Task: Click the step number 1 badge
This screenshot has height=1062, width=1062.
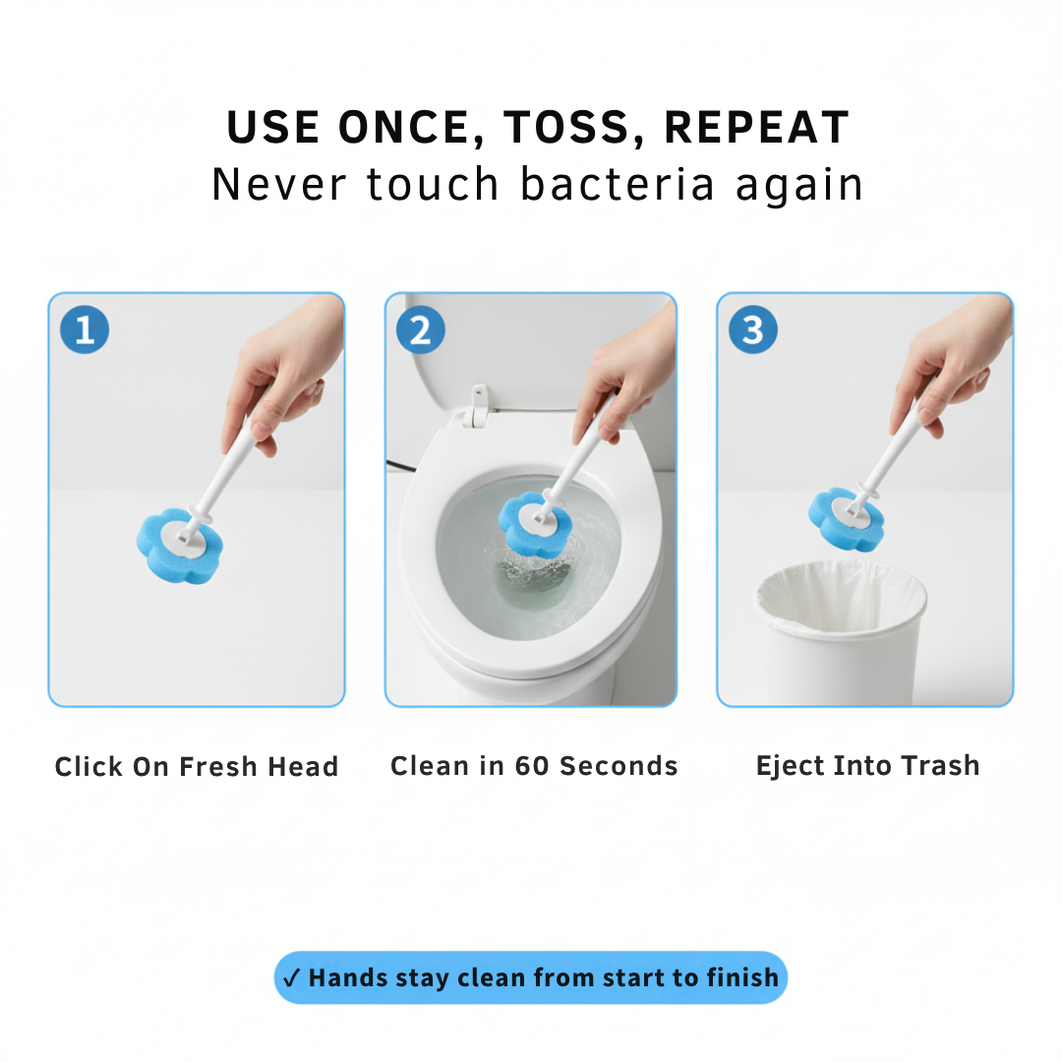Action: point(85,330)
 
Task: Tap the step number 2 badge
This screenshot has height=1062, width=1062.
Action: point(420,330)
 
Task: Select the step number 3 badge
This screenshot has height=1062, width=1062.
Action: point(752,330)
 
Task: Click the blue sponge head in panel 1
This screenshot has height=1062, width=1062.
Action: point(179,544)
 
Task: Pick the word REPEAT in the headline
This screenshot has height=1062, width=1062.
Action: point(757,128)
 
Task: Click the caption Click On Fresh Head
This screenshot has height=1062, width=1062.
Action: point(197,767)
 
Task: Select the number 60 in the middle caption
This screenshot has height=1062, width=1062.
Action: point(532,766)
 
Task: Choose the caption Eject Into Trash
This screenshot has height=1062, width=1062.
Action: point(867,766)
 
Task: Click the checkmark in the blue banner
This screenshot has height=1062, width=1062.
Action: point(291,978)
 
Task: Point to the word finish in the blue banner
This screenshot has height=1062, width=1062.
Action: point(742,977)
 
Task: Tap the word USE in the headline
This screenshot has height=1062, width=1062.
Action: point(272,128)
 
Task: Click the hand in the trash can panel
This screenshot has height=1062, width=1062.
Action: point(954,364)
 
